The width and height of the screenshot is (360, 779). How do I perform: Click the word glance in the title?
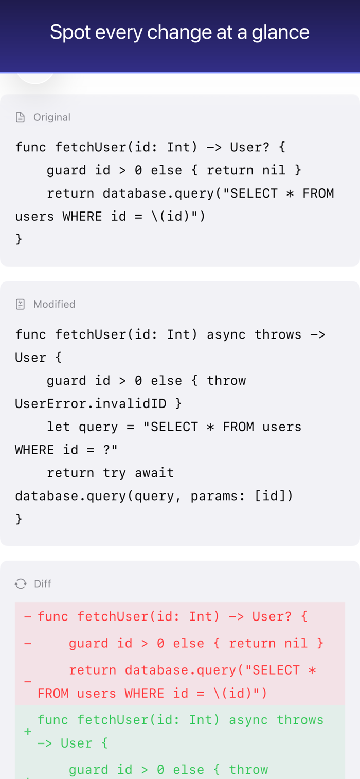click(x=280, y=33)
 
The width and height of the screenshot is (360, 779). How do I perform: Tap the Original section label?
click(x=52, y=117)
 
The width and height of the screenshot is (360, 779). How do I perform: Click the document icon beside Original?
click(x=20, y=117)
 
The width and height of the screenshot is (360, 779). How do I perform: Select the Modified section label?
click(x=54, y=304)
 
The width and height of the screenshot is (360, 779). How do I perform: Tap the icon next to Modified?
click(x=20, y=304)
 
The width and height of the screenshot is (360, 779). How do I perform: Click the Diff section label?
click(x=42, y=583)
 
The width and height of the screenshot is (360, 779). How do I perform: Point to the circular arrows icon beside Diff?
click(x=21, y=583)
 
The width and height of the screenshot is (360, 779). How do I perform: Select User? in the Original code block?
click(x=249, y=147)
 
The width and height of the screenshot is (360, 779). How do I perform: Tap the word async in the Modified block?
click(x=226, y=334)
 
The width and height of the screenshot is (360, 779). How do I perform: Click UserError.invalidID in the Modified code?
click(x=91, y=403)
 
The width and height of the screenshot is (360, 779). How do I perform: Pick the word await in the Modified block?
click(x=154, y=473)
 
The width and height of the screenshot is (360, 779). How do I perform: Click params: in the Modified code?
click(x=218, y=496)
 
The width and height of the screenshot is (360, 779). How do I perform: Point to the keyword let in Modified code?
click(x=59, y=427)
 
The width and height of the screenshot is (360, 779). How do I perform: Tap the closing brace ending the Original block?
click(x=19, y=239)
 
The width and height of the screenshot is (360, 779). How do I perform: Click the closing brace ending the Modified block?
click(x=19, y=519)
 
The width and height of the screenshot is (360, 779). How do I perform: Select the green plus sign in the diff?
click(x=28, y=731)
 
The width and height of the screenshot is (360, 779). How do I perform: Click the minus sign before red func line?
click(x=28, y=617)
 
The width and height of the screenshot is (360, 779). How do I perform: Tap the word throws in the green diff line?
click(x=300, y=720)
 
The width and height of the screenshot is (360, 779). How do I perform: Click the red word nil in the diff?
click(x=296, y=643)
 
